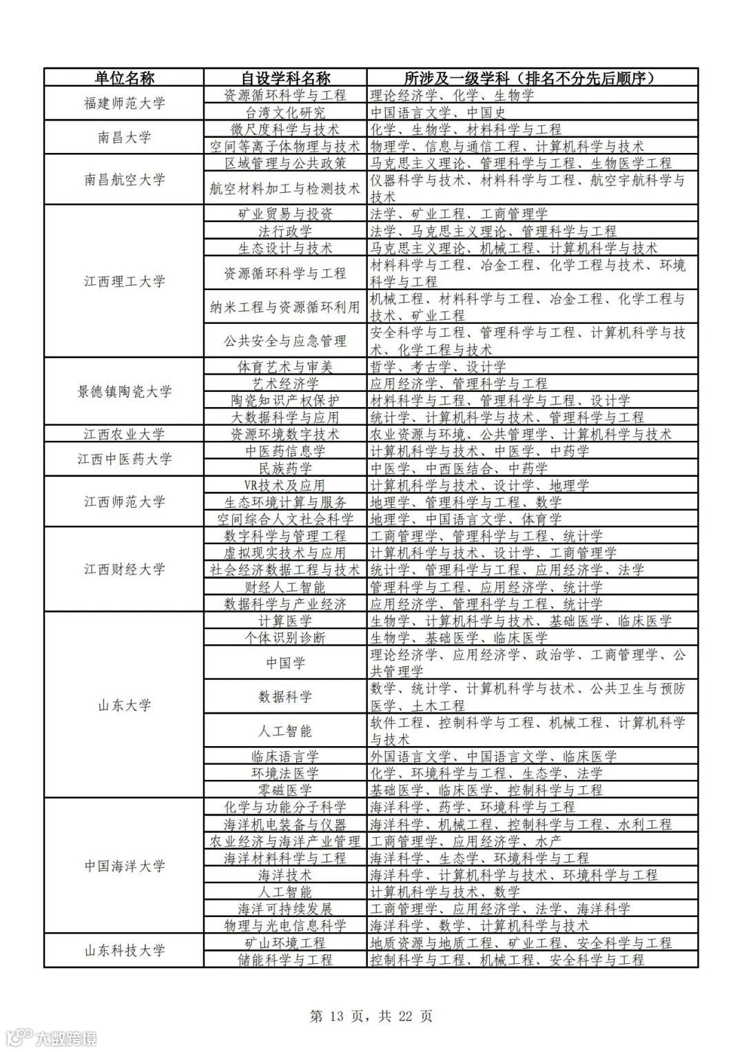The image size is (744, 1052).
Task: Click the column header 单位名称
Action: pos(124,77)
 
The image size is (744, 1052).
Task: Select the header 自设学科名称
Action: pos(285,77)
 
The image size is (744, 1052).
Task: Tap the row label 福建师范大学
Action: pos(124,103)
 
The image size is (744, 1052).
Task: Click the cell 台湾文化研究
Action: pos(285,112)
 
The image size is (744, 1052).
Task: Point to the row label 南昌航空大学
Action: pos(124,180)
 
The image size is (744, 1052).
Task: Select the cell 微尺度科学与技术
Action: pos(285,129)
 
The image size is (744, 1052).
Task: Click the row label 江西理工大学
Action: pos(124,281)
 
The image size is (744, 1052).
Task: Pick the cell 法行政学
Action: pos(285,231)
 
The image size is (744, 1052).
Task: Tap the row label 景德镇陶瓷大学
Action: pos(124,391)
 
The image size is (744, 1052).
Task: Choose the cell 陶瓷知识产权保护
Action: pos(285,400)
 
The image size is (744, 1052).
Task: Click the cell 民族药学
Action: pos(285,468)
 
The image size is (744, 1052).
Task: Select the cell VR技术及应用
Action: pos(285,485)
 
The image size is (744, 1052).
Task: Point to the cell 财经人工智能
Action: pos(285,587)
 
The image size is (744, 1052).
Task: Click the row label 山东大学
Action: pos(124,705)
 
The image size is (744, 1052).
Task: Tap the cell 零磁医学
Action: pos(285,790)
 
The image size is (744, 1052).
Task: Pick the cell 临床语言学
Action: pos(285,756)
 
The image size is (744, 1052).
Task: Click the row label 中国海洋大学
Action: pos(124,866)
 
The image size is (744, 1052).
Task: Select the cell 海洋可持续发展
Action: pos(285,909)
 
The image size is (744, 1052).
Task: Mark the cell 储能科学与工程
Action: pos(285,960)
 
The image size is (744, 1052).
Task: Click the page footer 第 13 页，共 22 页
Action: pos(371,1016)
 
